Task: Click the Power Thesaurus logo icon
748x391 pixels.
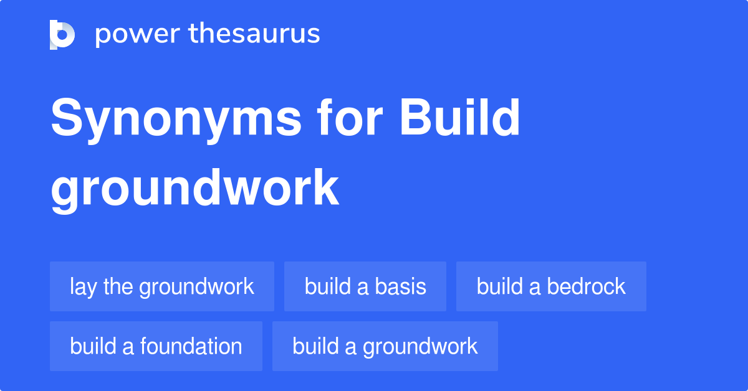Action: tap(62, 34)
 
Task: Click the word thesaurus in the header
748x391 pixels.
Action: tap(254, 34)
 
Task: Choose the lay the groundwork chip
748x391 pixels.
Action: tap(162, 286)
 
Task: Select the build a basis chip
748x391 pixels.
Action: tap(365, 286)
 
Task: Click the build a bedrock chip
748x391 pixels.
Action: tap(551, 286)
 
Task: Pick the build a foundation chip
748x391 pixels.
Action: tap(156, 346)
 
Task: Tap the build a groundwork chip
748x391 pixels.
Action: tap(385, 346)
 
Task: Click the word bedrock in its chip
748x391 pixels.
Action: tap(586, 286)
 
